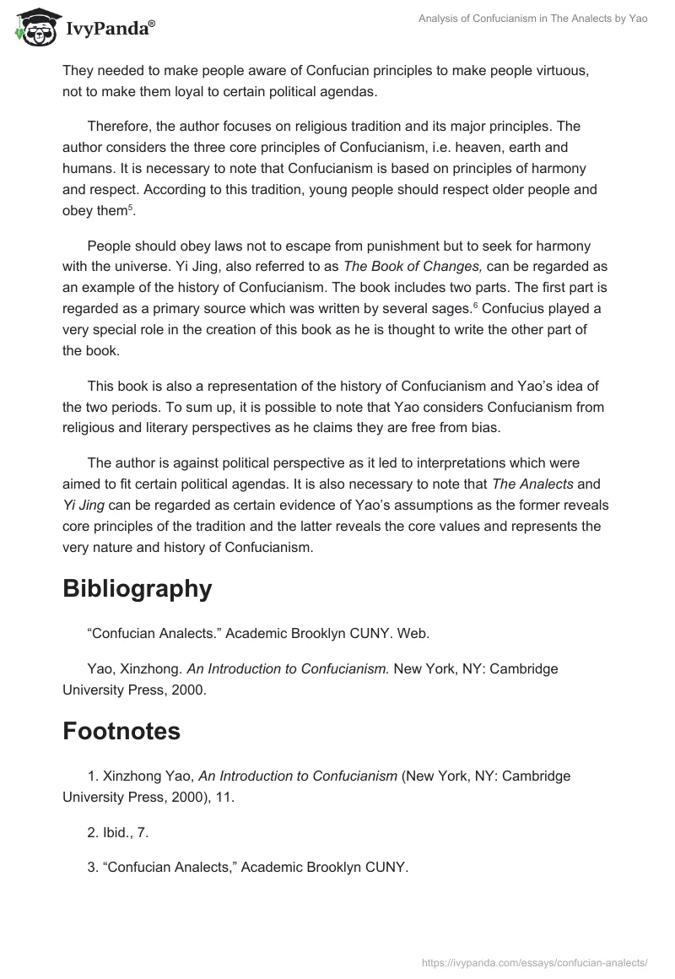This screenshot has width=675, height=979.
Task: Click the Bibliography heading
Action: click(x=137, y=588)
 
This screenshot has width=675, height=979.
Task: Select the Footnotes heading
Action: click(x=121, y=731)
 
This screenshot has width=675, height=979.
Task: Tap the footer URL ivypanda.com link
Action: click(x=534, y=961)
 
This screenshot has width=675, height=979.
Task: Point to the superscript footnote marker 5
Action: click(x=130, y=208)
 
